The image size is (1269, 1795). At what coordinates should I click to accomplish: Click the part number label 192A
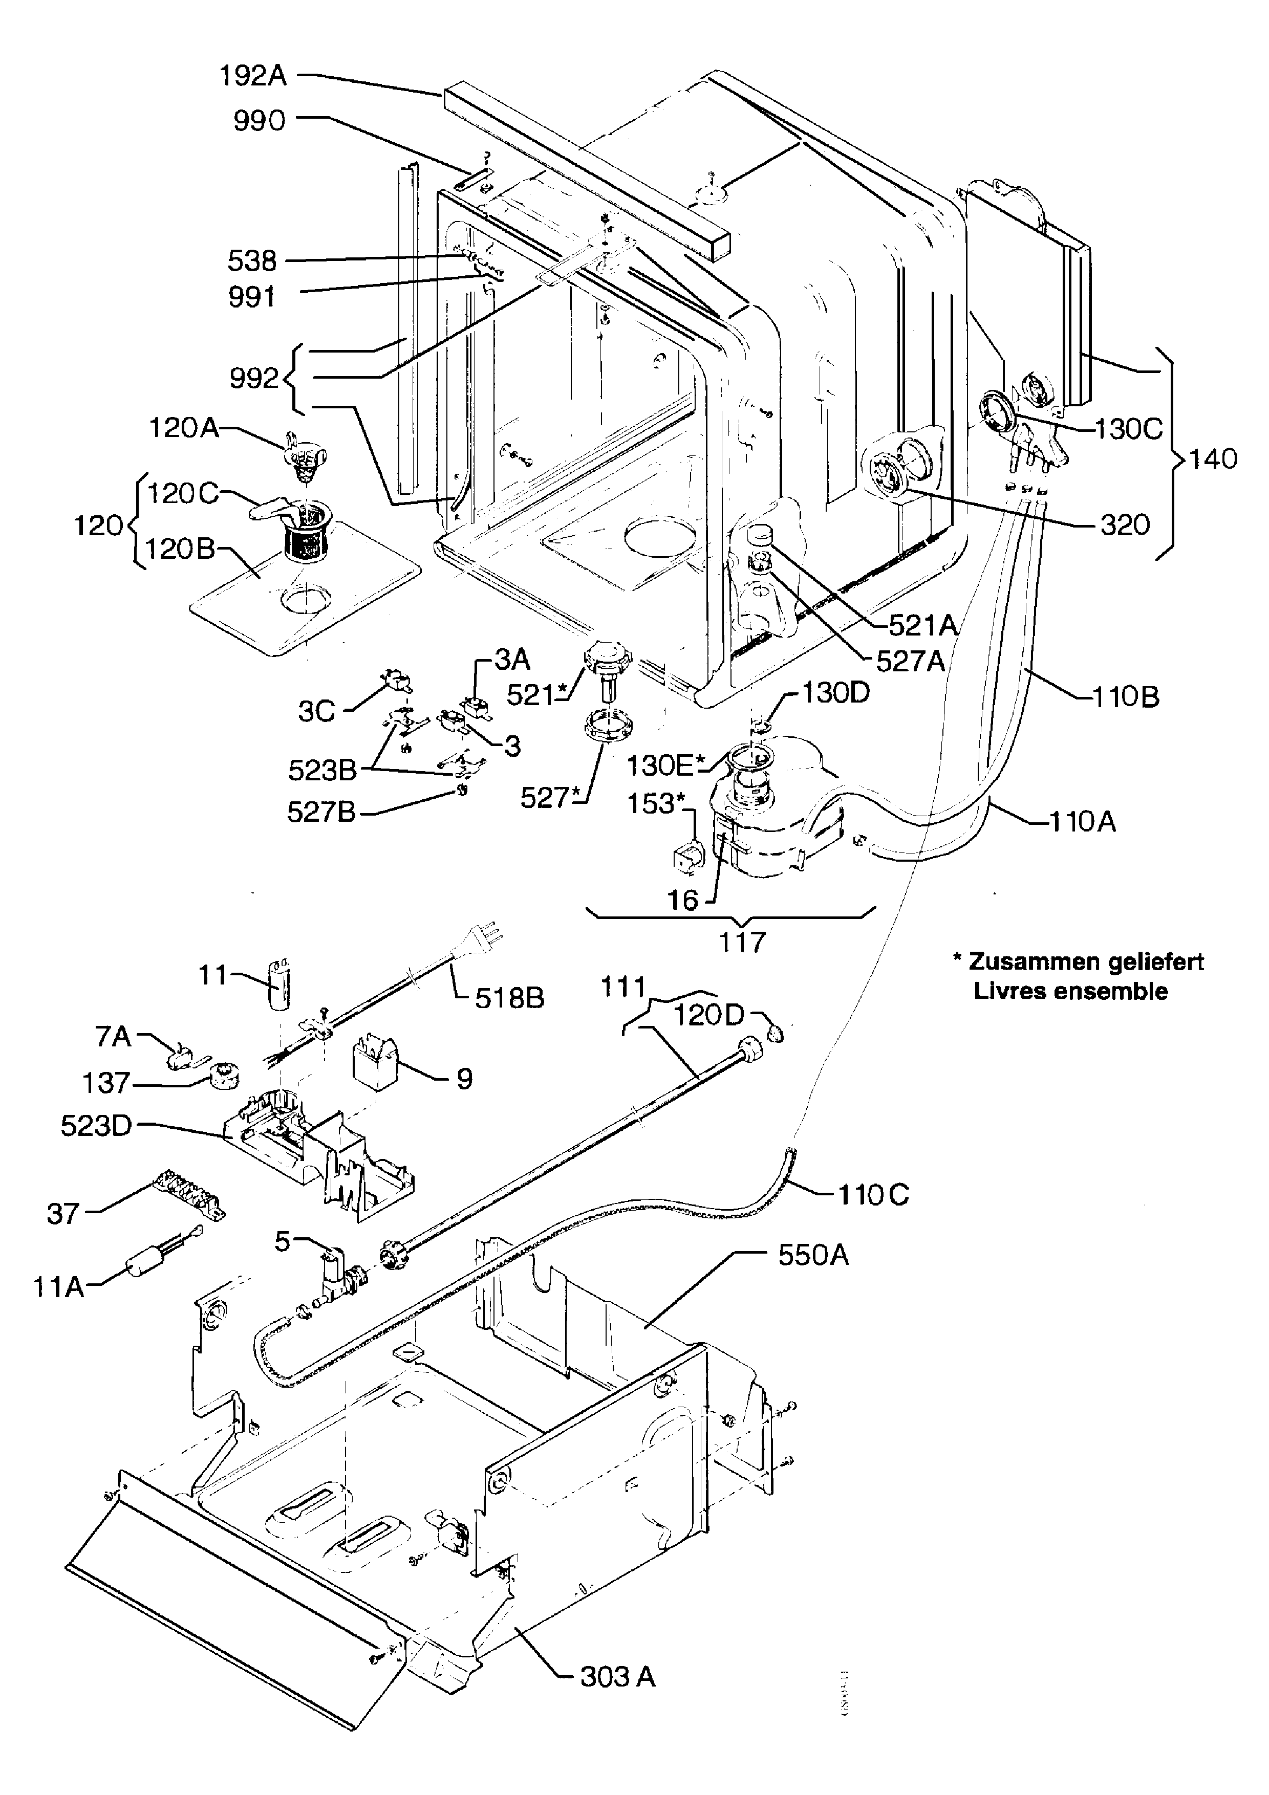[252, 76]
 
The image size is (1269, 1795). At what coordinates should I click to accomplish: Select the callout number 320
[1124, 524]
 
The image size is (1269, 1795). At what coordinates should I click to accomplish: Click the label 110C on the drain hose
[873, 1195]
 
